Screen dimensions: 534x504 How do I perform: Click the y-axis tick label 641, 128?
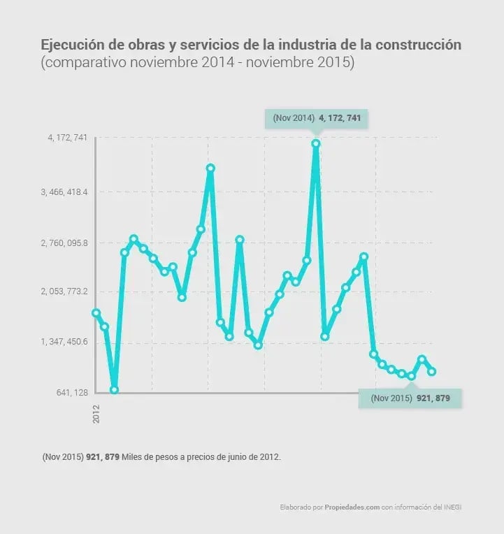pos(72,393)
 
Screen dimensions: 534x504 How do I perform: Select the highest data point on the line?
pos(316,144)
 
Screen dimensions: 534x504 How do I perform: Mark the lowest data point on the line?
pos(115,389)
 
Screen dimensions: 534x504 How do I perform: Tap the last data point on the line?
pos(432,372)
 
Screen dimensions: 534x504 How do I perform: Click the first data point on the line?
pos(96,313)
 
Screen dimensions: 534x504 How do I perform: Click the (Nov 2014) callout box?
pos(316,119)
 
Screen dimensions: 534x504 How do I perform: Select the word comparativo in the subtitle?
pos(82,63)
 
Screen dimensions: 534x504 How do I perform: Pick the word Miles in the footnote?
pos(134,457)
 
